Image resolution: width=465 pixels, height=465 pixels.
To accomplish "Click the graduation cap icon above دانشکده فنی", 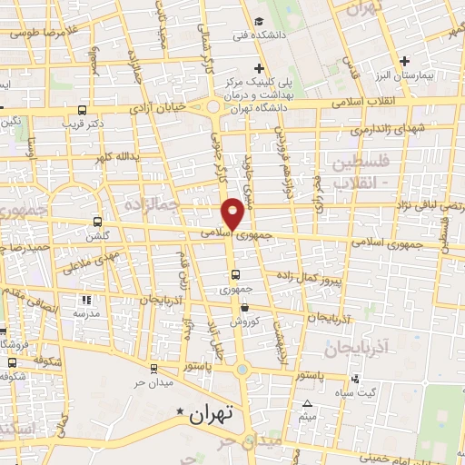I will click(x=260, y=21).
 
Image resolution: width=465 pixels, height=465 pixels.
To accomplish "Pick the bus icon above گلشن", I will click(x=97, y=221).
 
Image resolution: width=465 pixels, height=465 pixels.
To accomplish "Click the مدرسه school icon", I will click(x=86, y=300).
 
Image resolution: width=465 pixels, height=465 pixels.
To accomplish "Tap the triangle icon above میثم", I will click(x=308, y=403).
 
